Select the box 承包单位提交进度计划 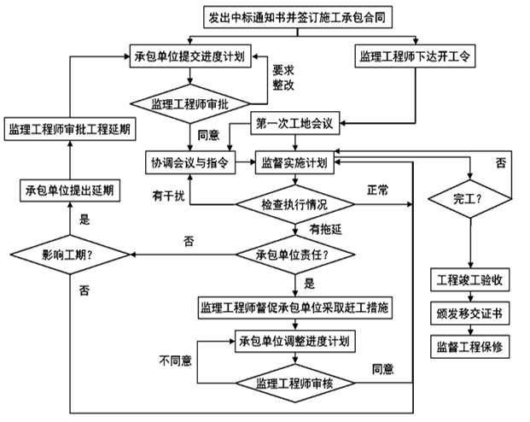[x=190, y=57]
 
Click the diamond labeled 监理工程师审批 [x=190, y=103]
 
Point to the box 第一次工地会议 [x=297, y=123]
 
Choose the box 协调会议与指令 [x=189, y=163]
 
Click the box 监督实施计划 [x=296, y=163]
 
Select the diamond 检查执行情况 [x=294, y=205]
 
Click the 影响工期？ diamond [x=71, y=254]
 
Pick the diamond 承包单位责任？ [x=294, y=255]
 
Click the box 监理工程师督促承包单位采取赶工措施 [x=295, y=307]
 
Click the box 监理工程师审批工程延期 [x=69, y=130]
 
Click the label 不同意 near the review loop [x=176, y=360]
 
